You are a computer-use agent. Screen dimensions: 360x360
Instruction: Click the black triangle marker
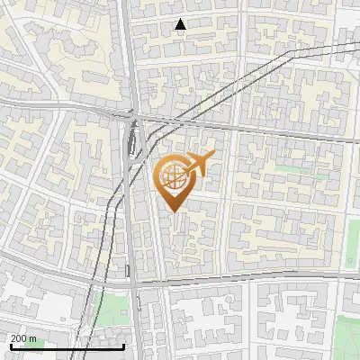click(181, 24)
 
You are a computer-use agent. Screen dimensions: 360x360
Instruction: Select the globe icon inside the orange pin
click(175, 177)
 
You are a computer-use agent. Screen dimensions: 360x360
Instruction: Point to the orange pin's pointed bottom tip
click(175, 211)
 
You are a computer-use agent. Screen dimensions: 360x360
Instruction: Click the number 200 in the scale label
click(18, 338)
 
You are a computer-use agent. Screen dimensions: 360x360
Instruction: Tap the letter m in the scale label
click(32, 338)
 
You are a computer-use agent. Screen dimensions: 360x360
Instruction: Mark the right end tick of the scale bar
click(124, 346)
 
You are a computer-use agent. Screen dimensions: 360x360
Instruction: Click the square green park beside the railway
click(112, 310)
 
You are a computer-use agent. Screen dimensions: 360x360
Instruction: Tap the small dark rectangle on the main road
click(129, 270)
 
